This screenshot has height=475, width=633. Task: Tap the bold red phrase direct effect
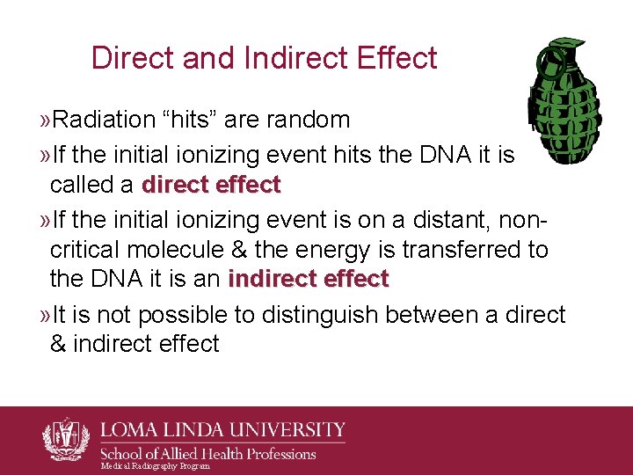tap(211, 186)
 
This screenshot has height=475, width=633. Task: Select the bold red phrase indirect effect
tap(308, 280)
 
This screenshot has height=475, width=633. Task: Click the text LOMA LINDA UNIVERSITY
tap(222, 431)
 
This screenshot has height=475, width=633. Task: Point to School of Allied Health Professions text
tap(207, 454)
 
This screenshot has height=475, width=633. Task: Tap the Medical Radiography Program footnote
tap(156, 466)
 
